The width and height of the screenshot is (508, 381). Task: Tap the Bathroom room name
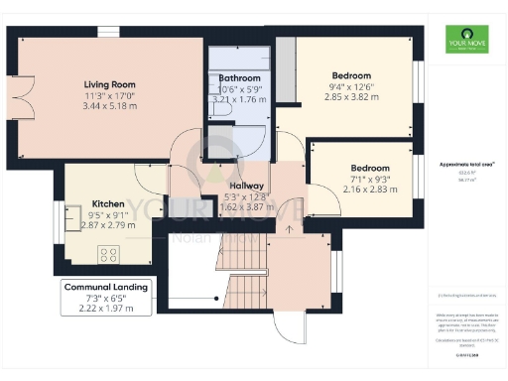(239, 77)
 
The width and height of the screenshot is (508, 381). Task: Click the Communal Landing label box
(105, 297)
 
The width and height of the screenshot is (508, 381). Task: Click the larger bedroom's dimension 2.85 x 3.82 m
(350, 101)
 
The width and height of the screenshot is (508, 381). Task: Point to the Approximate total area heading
(459, 163)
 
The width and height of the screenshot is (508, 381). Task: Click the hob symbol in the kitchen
(109, 253)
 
